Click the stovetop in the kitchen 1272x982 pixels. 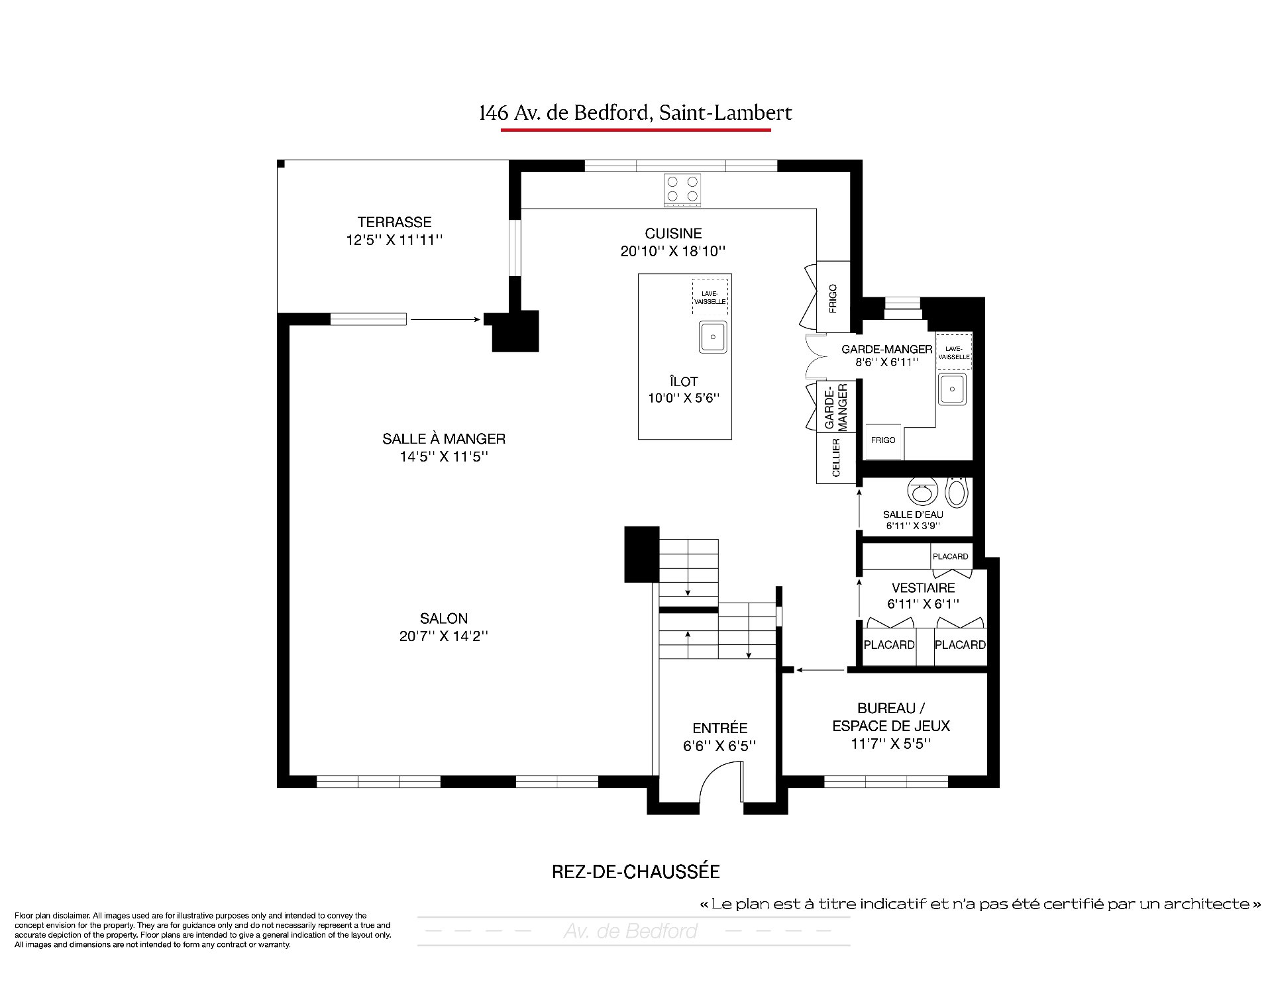(x=682, y=190)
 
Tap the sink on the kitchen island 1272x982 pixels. (x=713, y=337)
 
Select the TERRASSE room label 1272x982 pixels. (x=395, y=222)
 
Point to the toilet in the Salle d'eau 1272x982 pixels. (x=956, y=491)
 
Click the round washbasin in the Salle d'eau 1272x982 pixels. (x=921, y=491)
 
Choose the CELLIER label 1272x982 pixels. (x=836, y=458)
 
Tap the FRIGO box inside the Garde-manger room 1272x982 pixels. (x=883, y=440)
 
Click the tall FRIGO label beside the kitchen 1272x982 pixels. (x=833, y=298)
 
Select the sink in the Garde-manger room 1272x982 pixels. (x=952, y=389)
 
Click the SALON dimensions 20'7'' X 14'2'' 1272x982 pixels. (x=444, y=636)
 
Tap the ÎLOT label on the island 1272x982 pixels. (x=684, y=381)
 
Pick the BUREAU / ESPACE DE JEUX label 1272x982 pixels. (x=891, y=717)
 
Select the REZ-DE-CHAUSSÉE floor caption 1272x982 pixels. (x=636, y=871)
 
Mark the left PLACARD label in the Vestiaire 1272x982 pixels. (x=889, y=645)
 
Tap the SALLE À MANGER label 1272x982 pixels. (x=444, y=439)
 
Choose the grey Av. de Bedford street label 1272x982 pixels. (x=631, y=931)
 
